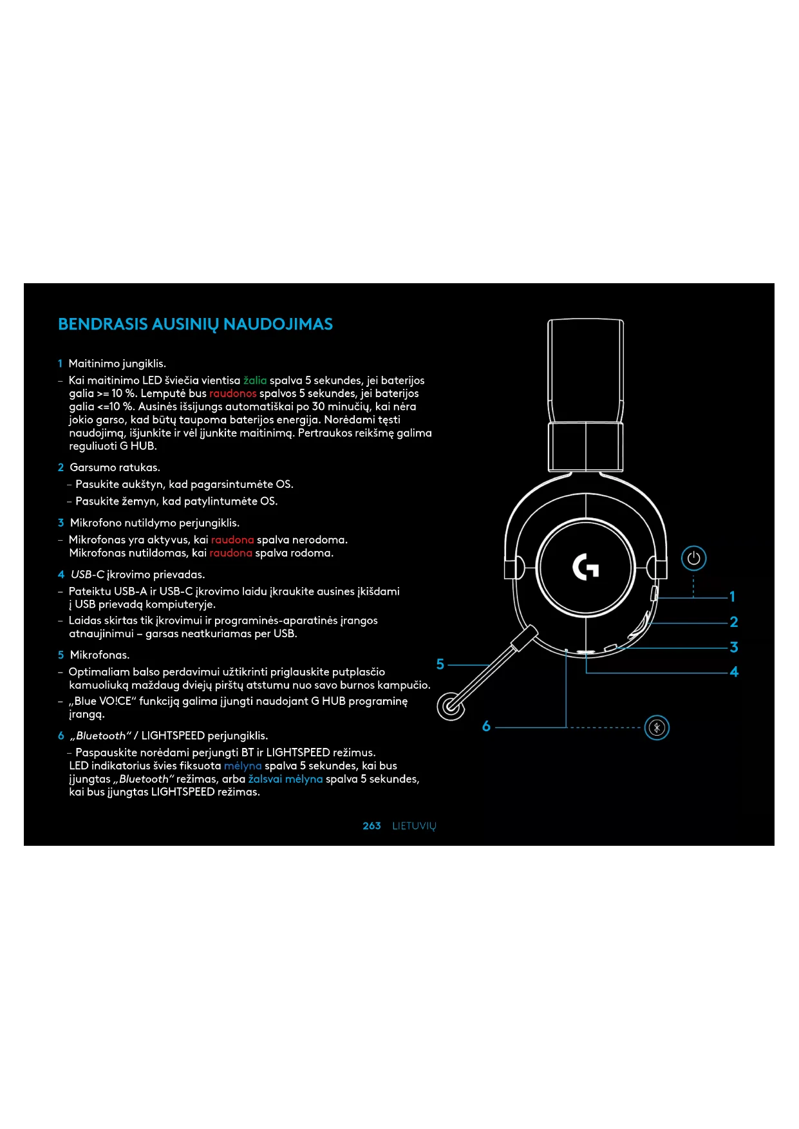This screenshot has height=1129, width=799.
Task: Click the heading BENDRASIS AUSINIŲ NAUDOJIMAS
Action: coord(195,324)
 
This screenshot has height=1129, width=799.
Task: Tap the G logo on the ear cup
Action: coord(586,567)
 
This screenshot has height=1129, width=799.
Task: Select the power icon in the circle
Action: coord(693,558)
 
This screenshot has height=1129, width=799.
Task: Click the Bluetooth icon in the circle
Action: coord(657,728)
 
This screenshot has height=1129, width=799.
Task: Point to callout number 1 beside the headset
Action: coord(732,597)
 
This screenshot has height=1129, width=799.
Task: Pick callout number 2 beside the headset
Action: coord(733,622)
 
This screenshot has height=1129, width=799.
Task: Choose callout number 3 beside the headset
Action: coord(733,647)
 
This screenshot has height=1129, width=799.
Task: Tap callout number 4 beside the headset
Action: coord(734,672)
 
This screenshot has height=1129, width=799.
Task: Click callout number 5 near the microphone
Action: coord(440,664)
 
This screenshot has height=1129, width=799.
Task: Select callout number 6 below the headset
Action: coord(486,727)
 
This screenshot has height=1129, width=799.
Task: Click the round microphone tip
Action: coord(451,706)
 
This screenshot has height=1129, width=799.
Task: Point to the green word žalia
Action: coord(255,380)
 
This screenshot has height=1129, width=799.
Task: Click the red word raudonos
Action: coord(232,393)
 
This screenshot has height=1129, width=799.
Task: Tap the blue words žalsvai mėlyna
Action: coord(285,779)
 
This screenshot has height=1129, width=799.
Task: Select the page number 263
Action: coord(371,826)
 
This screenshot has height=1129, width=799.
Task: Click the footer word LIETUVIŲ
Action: coord(414,826)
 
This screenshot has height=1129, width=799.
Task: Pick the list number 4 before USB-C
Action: coord(61,574)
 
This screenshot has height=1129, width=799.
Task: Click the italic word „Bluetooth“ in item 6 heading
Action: coord(100,736)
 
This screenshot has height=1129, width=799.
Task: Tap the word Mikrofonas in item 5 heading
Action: coord(100,655)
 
